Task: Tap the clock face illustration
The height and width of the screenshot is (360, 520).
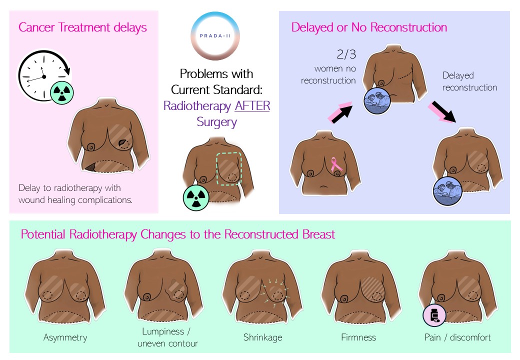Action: tap(44, 76)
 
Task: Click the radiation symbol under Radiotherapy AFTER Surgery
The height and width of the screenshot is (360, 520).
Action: tap(196, 198)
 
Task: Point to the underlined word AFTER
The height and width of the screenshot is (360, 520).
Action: tap(252, 105)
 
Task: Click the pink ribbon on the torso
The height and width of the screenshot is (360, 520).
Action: tap(336, 164)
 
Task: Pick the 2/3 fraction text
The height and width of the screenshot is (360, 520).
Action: tap(346, 54)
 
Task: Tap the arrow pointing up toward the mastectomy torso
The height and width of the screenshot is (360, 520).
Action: tap(340, 112)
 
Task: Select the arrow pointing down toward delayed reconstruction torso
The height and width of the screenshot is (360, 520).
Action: tap(442, 111)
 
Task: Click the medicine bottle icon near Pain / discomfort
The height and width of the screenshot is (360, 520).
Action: tap(434, 315)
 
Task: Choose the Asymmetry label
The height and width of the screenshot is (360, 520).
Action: tap(65, 337)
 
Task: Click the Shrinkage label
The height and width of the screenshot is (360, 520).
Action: tap(262, 337)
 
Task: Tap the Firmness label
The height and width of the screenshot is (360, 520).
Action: tap(358, 337)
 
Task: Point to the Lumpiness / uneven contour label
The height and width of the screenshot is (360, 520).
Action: tap(167, 337)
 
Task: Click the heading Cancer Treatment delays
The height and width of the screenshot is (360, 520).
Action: tap(82, 27)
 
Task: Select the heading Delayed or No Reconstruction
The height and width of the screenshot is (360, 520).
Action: tap(369, 27)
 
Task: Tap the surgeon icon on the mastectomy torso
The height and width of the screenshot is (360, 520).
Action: tap(376, 101)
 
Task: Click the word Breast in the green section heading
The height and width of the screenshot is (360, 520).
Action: tap(318, 234)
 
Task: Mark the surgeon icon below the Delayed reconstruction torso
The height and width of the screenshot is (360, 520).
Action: tap(447, 191)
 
